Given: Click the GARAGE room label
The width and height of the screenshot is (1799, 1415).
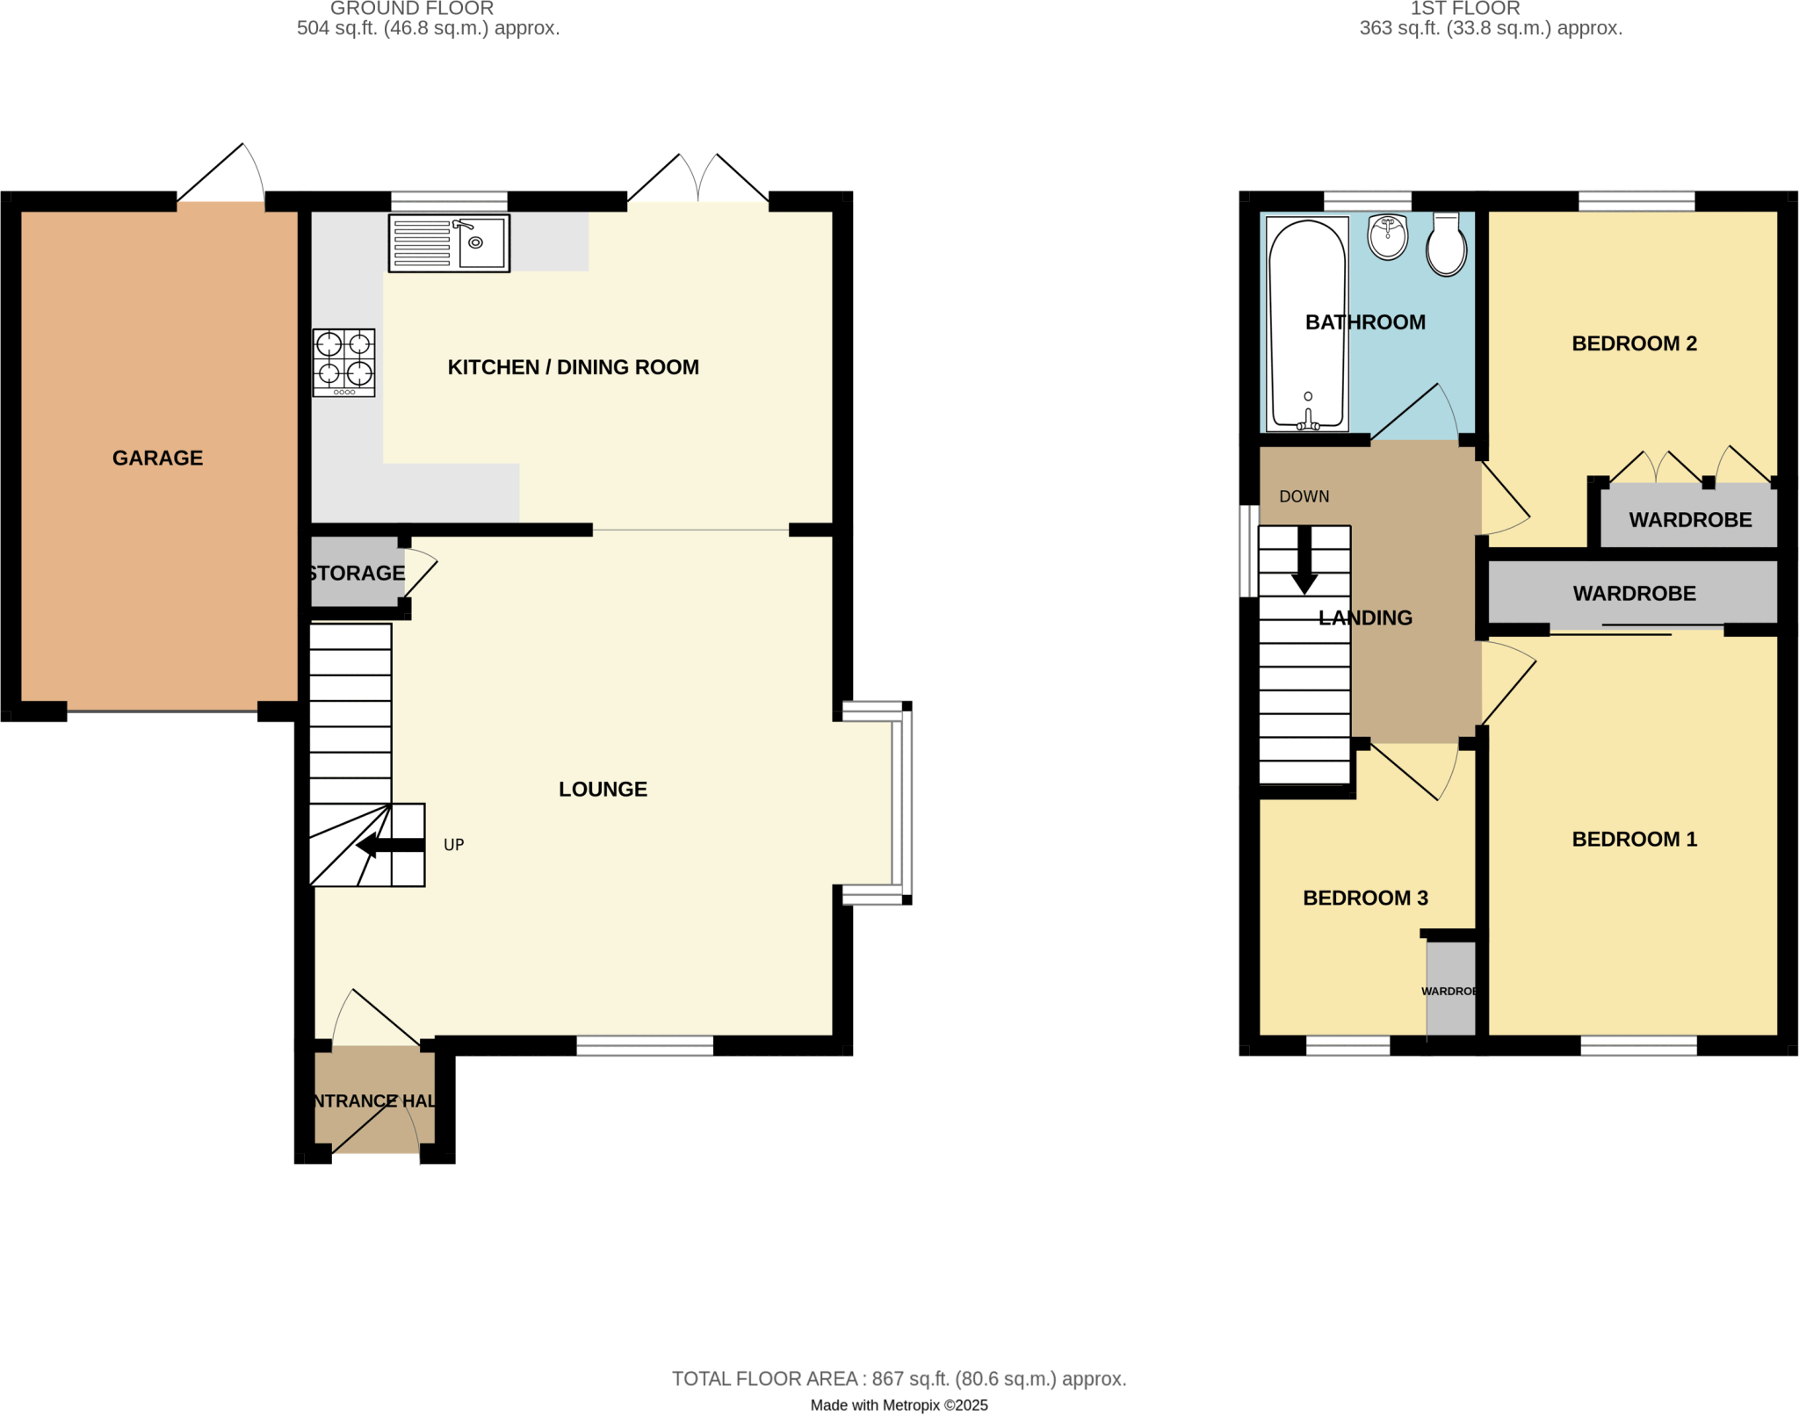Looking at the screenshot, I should coord(157,458).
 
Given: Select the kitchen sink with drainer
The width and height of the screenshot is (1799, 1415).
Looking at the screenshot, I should coord(449,243).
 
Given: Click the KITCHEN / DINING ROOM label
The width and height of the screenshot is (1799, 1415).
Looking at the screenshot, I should coord(573,367).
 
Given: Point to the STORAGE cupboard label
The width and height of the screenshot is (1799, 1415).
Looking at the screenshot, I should coord(356,574).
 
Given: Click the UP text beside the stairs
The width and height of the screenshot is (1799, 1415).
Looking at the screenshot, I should coord(453,845).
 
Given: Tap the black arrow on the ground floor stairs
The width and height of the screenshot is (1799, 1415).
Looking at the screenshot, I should coord(390,846).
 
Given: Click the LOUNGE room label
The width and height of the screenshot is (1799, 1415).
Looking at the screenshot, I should coord(603,789).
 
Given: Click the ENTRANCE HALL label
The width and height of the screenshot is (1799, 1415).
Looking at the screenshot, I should coord(373,1101).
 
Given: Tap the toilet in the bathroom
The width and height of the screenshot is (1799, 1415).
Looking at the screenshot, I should coord(1446,245).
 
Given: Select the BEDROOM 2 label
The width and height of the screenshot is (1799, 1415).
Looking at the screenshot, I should coord(1634,343).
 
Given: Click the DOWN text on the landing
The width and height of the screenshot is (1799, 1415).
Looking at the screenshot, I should coord(1304,496).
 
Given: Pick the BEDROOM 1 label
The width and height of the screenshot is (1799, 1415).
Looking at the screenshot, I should coord(1634,839).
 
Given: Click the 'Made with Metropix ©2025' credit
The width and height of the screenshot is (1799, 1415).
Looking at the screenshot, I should coord(899,1404).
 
